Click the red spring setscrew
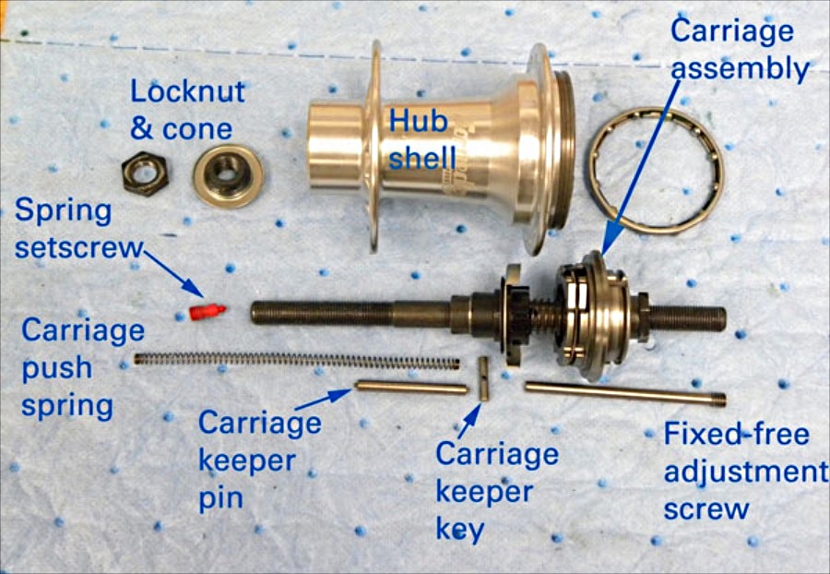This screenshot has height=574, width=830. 207,312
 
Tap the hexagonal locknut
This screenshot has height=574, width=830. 145,173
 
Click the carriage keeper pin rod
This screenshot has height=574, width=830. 411,388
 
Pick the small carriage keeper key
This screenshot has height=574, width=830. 483,378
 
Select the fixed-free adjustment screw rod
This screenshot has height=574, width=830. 625,394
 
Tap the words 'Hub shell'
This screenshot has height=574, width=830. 421,139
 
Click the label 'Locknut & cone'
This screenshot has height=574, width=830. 187,110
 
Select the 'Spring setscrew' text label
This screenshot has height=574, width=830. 78,229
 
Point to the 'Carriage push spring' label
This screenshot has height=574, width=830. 82,368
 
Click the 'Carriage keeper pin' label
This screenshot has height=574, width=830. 259,460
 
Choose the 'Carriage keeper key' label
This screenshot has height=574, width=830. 496,491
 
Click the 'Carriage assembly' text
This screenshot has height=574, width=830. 739,50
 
